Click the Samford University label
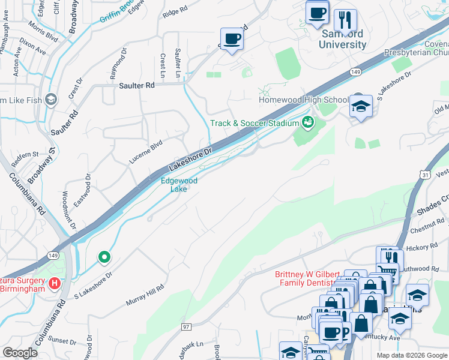pos(342,39)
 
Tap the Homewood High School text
pos(304,100)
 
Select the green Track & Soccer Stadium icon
pos(309,122)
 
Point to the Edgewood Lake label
pos(178,184)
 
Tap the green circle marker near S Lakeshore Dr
pos(104,257)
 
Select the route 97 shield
pos(187,326)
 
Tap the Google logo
pos(20,353)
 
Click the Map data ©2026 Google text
pos(411,355)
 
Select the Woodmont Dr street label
pos(68,209)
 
